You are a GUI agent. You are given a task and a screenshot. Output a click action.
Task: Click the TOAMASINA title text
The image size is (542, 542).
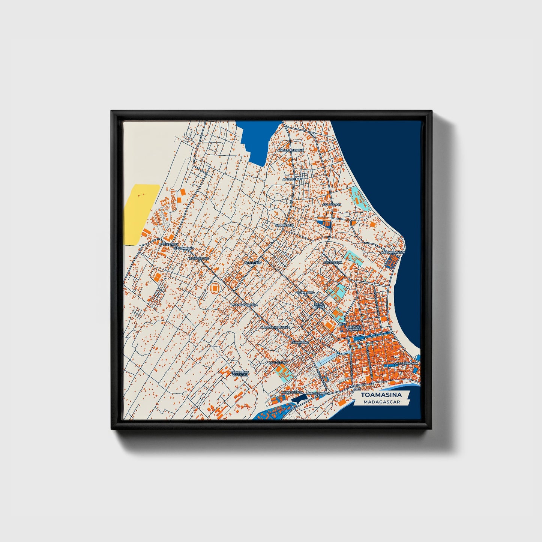(381, 395)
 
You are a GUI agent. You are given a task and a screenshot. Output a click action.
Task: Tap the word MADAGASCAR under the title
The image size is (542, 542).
(381, 402)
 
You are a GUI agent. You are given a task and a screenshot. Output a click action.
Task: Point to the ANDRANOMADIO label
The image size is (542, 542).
(291, 150)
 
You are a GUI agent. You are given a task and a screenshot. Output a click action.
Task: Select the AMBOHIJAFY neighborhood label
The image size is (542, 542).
(293, 179)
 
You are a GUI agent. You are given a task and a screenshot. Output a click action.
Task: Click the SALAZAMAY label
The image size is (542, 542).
(332, 205)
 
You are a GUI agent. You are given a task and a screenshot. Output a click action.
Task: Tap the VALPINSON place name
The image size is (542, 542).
(284, 225)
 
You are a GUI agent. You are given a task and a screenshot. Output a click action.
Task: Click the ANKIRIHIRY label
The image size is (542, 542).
(252, 263)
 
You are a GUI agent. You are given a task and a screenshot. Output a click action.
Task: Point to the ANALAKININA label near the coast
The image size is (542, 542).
(393, 252)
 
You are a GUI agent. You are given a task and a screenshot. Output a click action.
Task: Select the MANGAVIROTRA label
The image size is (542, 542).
(245, 305)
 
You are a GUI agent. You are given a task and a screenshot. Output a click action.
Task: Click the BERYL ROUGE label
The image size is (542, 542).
(319, 306)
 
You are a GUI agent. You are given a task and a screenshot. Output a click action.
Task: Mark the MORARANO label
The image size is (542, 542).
(278, 363)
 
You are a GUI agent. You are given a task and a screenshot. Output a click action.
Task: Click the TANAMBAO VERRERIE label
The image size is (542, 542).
(240, 374)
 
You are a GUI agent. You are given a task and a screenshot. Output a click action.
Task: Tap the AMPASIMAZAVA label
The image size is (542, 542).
(406, 364)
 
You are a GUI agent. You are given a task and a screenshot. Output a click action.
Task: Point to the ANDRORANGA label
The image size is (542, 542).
(292, 392)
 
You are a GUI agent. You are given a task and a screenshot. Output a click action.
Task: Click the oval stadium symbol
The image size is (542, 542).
(215, 288)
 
